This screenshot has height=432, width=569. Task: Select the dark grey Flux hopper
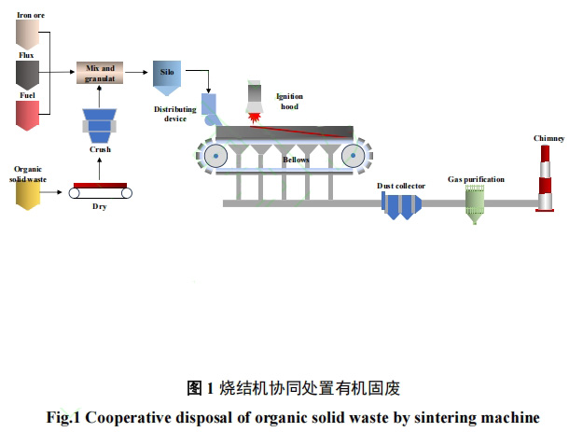(26, 75)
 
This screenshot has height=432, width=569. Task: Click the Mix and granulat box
(100, 72)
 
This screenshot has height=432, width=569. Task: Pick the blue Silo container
(167, 77)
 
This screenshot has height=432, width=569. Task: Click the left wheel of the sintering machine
(216, 155)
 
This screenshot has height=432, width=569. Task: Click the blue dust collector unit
(404, 205)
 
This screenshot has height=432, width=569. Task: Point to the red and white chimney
(546, 177)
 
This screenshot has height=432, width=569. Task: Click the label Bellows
(296, 160)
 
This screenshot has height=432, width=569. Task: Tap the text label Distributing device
(177, 114)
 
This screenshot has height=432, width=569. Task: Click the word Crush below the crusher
(101, 150)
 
